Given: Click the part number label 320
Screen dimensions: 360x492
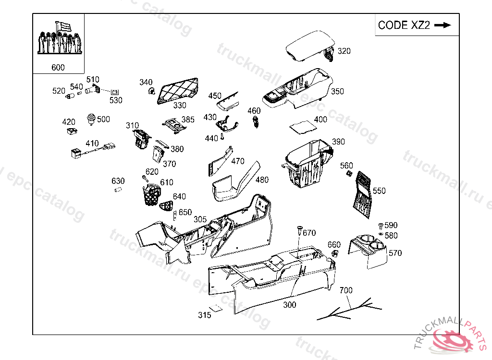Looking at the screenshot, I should (x=344, y=51).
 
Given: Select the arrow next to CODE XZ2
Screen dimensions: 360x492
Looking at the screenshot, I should (x=443, y=25).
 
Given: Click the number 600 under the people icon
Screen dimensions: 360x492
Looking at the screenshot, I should (x=58, y=68).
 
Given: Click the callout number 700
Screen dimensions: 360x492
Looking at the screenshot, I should (x=346, y=290).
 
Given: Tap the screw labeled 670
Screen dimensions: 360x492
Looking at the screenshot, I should (x=299, y=230).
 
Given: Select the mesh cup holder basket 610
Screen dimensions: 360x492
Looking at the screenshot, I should (x=152, y=194).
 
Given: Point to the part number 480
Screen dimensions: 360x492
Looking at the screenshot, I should (x=262, y=180).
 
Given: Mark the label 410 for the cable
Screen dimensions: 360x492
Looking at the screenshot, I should (x=92, y=144).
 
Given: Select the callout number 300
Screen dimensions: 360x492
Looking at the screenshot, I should (x=290, y=305).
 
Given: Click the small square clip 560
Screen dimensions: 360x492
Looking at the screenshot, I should (x=349, y=174).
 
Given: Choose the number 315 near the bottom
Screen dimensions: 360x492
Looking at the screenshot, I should (x=205, y=315).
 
